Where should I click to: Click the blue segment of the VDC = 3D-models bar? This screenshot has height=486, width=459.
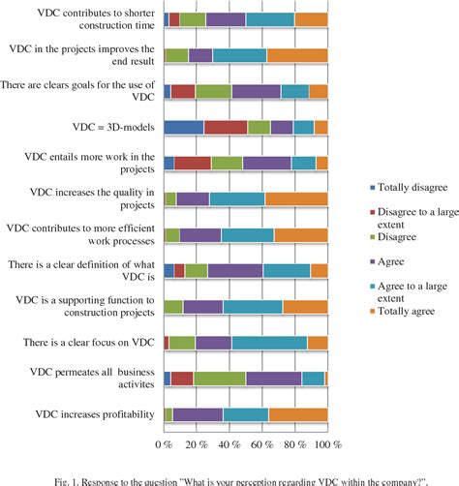tap(183, 127)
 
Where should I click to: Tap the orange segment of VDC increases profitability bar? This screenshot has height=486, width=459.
tap(298, 415)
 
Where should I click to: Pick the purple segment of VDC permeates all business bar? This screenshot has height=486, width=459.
tap(273, 379)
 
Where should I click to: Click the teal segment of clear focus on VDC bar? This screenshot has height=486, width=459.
tap(269, 343)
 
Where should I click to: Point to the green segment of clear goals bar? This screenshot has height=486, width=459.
tap(214, 91)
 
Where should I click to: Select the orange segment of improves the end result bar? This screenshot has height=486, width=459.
tap(297, 55)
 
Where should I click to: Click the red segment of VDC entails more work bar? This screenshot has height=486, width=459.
tap(193, 163)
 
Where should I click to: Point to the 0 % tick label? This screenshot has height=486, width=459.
tap(165, 444)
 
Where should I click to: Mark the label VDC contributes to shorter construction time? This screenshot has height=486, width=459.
tap(81, 19)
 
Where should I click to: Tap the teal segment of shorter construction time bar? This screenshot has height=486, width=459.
tap(270, 19)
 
